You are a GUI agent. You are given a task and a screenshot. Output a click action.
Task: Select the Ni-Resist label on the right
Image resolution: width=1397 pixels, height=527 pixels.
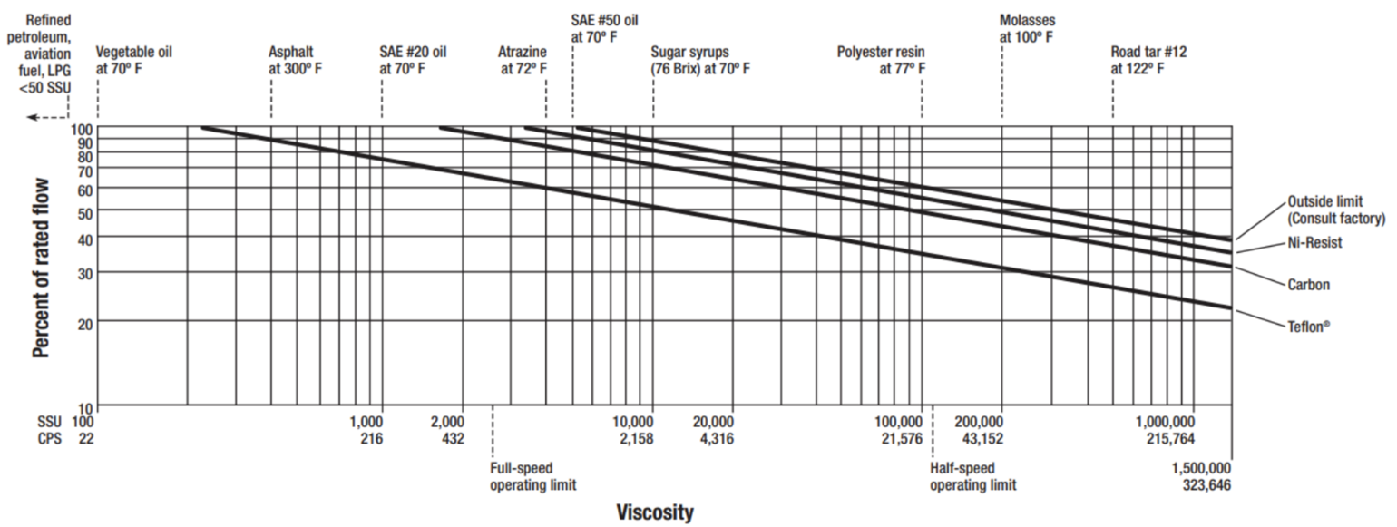(1314, 243)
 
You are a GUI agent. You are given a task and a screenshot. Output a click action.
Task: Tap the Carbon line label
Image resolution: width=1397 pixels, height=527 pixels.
(1308, 285)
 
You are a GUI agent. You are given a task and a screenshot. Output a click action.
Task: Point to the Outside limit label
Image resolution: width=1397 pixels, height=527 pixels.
(1336, 210)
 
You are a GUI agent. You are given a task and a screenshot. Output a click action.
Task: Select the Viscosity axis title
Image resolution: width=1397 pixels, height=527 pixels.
(655, 512)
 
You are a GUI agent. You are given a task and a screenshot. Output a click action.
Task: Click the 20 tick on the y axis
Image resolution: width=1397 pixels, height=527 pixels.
(84, 321)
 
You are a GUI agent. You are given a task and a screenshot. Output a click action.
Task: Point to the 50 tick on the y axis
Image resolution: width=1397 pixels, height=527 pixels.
(84, 210)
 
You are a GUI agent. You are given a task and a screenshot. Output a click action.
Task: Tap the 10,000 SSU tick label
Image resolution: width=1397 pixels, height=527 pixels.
(632, 423)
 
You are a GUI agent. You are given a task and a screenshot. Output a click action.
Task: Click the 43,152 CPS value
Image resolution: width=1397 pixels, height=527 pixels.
(980, 439)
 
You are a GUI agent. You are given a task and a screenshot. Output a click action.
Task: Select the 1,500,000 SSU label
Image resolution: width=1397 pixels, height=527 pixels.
(1200, 468)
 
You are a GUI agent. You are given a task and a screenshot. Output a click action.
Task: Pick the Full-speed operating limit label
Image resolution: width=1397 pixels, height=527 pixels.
(533, 476)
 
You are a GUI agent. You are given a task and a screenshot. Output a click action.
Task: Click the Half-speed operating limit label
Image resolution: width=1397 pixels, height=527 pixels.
(972, 476)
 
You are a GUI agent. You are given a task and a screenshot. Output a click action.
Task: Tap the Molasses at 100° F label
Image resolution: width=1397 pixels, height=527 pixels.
(1027, 28)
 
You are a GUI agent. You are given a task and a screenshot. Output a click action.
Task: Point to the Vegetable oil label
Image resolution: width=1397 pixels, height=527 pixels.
(133, 60)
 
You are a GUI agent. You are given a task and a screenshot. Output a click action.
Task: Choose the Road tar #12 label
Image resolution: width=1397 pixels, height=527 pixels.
(1148, 60)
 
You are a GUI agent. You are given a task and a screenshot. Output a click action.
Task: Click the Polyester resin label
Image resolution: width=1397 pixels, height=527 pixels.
(881, 60)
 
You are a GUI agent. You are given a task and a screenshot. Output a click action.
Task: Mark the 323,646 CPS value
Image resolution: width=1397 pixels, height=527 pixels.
(1206, 485)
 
